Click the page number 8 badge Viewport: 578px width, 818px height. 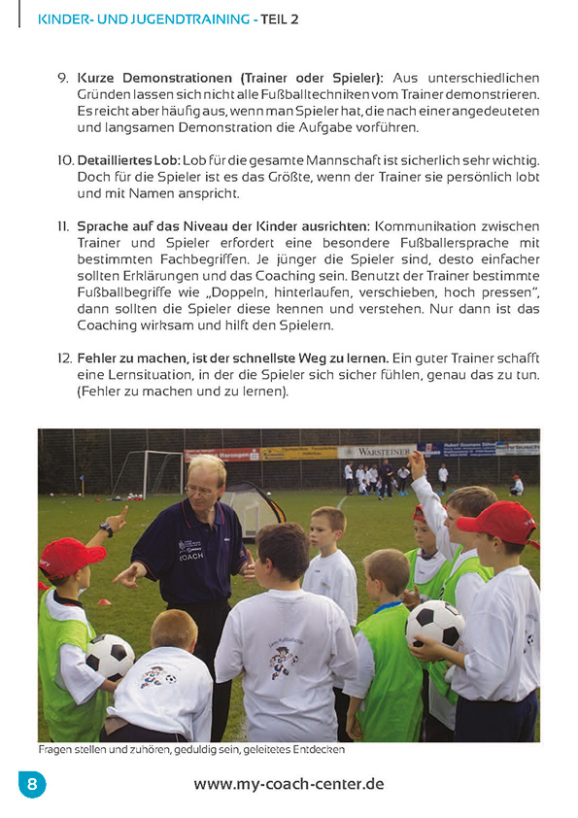[31, 783]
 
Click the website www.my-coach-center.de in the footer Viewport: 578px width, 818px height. [289, 784]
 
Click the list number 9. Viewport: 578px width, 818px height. [63, 77]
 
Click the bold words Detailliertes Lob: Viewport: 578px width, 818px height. [128, 159]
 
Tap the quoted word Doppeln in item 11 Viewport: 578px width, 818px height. [232, 292]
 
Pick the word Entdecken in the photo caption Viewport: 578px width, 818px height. [318, 750]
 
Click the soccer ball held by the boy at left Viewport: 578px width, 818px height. [109, 656]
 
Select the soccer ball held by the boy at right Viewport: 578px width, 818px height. [434, 623]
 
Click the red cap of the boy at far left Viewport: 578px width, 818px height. [70, 557]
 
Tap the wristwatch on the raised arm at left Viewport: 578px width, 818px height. [106, 529]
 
